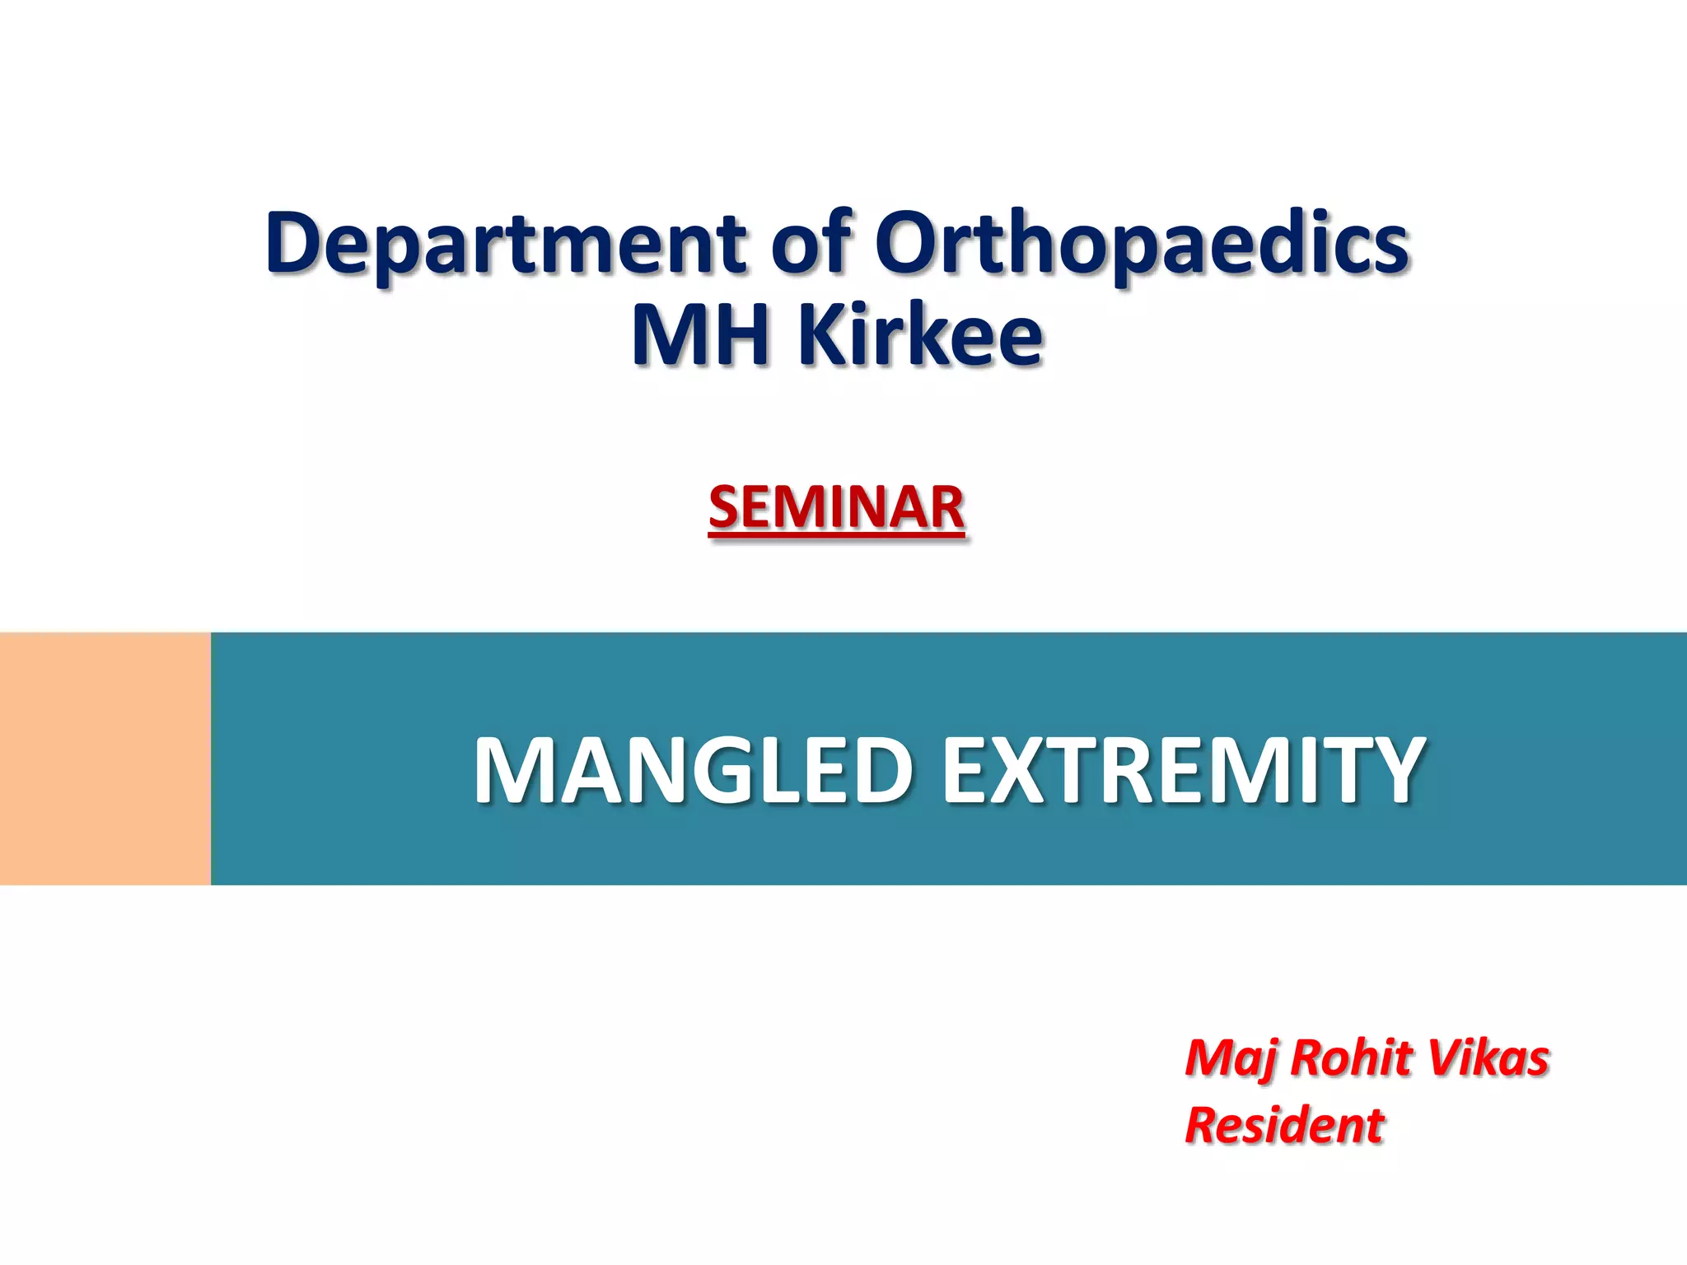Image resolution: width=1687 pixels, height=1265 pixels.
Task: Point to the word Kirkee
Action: coord(920,335)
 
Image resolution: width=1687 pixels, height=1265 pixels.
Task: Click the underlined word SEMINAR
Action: coord(836,507)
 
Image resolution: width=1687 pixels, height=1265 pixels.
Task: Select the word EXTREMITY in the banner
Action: coord(1183,771)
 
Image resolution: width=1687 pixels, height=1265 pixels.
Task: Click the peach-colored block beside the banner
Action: coord(105,759)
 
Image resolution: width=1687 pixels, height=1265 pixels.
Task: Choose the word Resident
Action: coord(1284,1126)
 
